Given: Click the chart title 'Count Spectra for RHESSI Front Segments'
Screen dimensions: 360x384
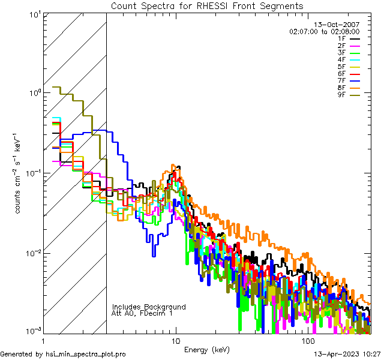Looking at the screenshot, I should click(208, 5).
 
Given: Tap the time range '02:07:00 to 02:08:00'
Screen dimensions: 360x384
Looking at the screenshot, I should click(324, 31).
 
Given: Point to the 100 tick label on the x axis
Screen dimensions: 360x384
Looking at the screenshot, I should click(308, 340).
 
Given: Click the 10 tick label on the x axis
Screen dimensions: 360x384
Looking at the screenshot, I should click(175, 340).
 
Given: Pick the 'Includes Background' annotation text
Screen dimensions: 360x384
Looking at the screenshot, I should click(149, 307).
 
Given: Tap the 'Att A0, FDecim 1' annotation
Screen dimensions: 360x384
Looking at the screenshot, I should click(142, 313).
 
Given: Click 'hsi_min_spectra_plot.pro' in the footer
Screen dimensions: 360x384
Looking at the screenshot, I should click(86, 355).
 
